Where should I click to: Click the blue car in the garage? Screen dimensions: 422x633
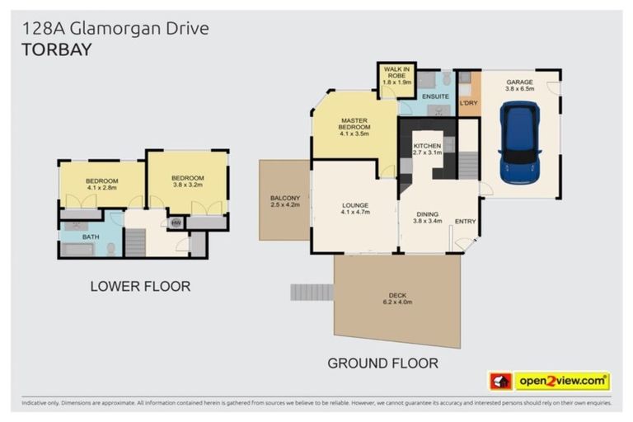point(519,143)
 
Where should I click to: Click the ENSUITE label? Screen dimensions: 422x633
point(435,97)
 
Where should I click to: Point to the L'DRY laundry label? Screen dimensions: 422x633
point(468,103)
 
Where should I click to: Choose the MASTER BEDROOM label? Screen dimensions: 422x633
point(354,127)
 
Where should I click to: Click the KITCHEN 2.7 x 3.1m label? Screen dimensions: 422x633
point(427,149)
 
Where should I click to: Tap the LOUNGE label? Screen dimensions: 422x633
point(354,209)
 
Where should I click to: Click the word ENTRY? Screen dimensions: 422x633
point(465,221)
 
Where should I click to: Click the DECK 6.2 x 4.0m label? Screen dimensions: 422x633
point(397,299)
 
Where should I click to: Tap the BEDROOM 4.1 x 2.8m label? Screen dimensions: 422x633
point(101,184)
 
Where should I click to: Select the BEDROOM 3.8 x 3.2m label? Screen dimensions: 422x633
point(187,181)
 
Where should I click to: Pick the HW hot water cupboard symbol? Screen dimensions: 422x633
point(175,223)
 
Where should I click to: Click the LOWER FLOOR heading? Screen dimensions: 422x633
point(140,287)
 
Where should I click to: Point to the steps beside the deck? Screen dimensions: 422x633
point(312,292)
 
